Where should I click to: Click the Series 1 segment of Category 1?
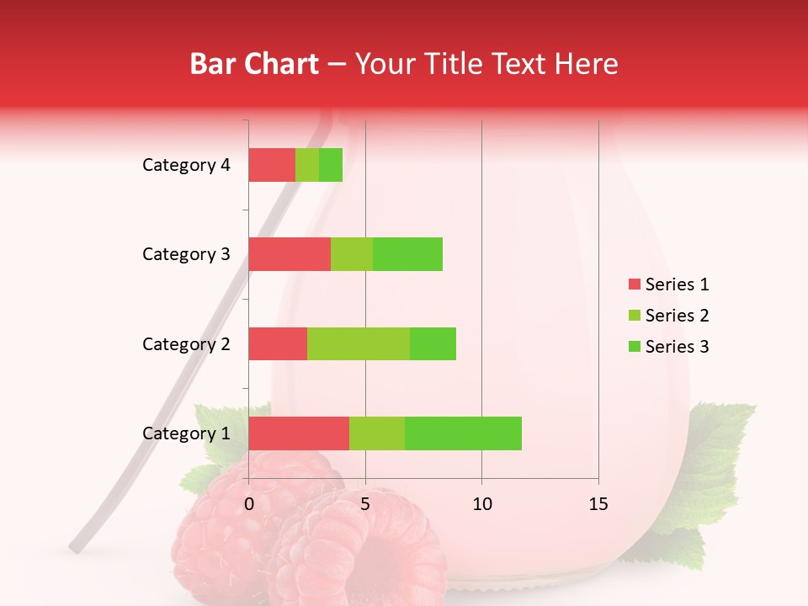point(299,433)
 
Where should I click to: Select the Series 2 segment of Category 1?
point(377,433)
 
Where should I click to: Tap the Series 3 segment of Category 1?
point(463,433)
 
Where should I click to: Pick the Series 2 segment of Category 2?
point(359,343)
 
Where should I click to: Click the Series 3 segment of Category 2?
point(433,343)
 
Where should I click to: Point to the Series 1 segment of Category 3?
point(290,254)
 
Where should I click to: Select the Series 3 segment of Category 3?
point(407,254)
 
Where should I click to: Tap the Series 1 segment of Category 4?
point(272,165)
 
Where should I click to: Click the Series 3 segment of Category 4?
point(331,165)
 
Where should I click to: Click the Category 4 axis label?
point(186,165)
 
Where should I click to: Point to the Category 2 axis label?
point(186,343)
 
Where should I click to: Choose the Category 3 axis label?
point(186,254)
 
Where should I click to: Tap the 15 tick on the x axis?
point(598,504)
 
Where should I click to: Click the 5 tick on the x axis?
point(365,504)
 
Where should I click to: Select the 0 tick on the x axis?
point(249,504)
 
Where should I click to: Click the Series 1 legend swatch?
point(634,284)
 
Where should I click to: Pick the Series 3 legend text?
point(677,347)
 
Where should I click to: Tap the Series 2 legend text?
point(677,316)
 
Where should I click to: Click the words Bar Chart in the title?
point(254,64)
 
